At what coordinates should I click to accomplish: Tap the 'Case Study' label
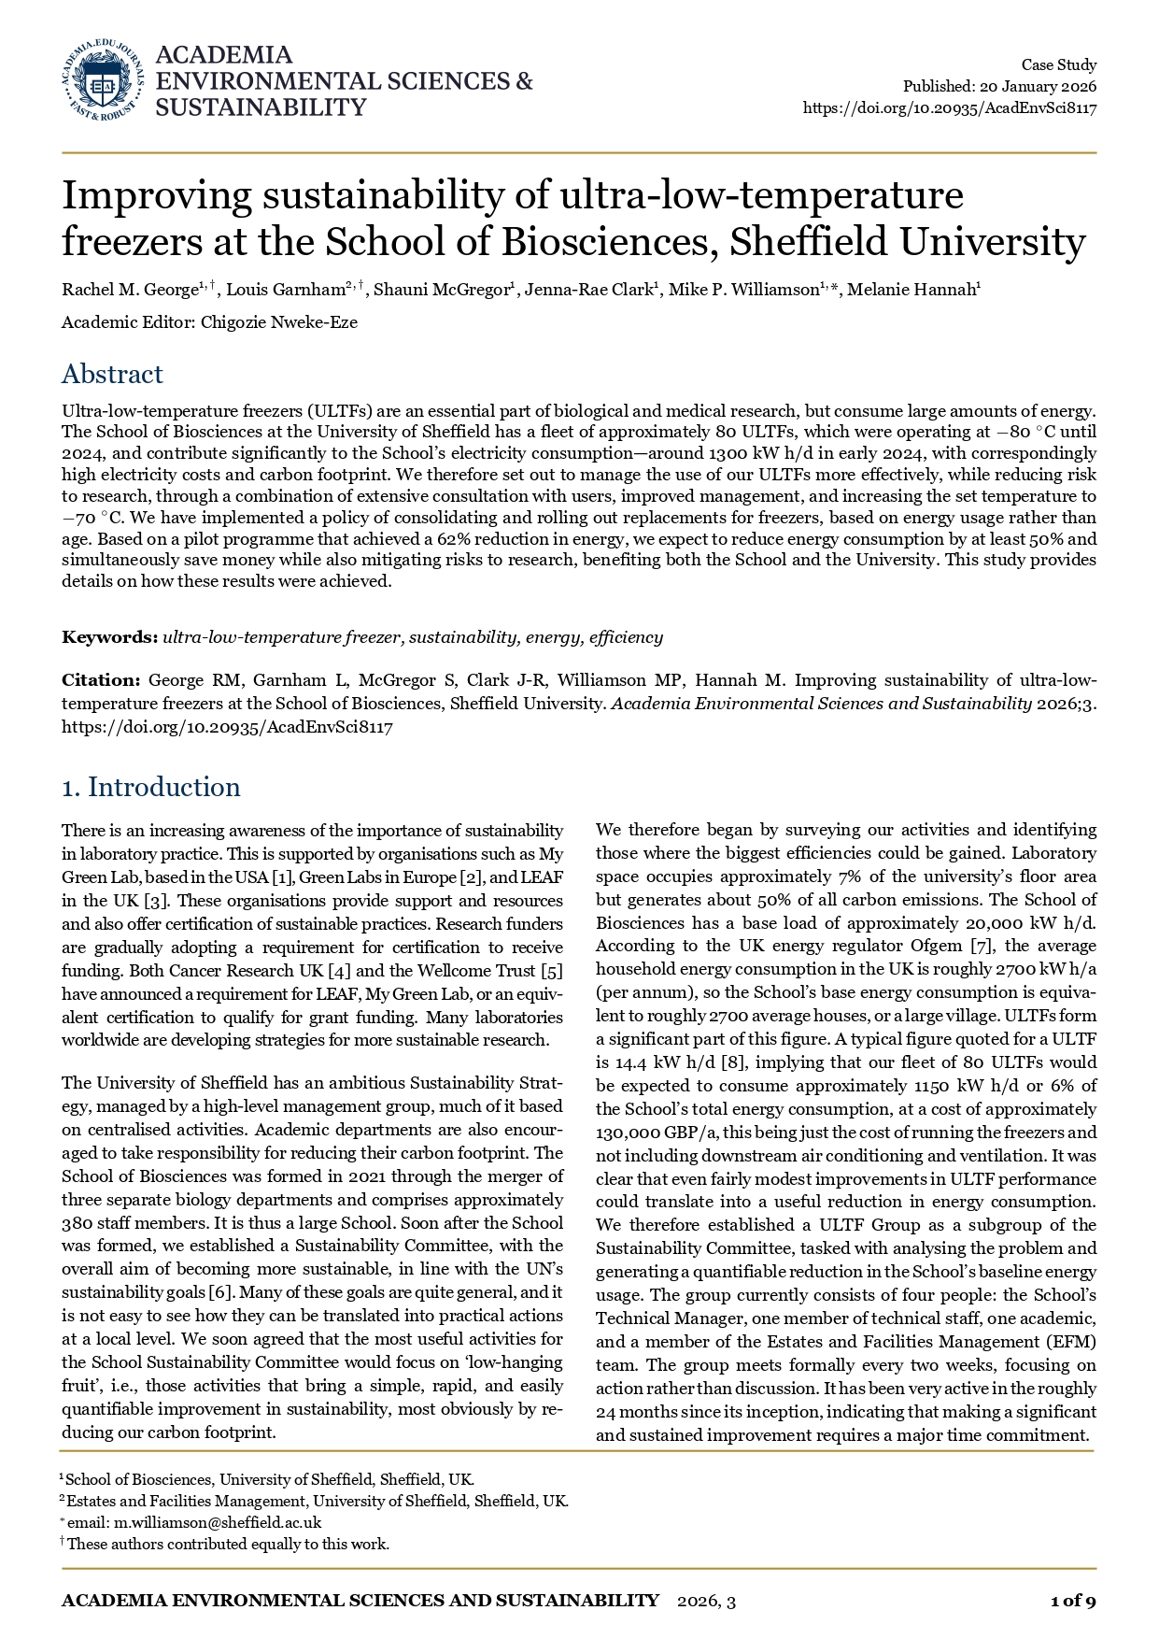point(1058,64)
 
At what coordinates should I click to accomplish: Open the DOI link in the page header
point(949,107)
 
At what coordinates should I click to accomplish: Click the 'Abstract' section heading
point(112,374)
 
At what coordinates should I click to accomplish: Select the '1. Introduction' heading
point(150,787)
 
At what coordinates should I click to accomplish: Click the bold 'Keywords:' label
point(109,637)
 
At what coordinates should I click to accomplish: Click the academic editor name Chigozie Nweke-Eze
point(279,322)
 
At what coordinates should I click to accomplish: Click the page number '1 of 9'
point(1072,1601)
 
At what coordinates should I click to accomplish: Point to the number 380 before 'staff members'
point(78,1223)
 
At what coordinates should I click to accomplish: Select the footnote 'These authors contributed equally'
point(228,1544)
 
